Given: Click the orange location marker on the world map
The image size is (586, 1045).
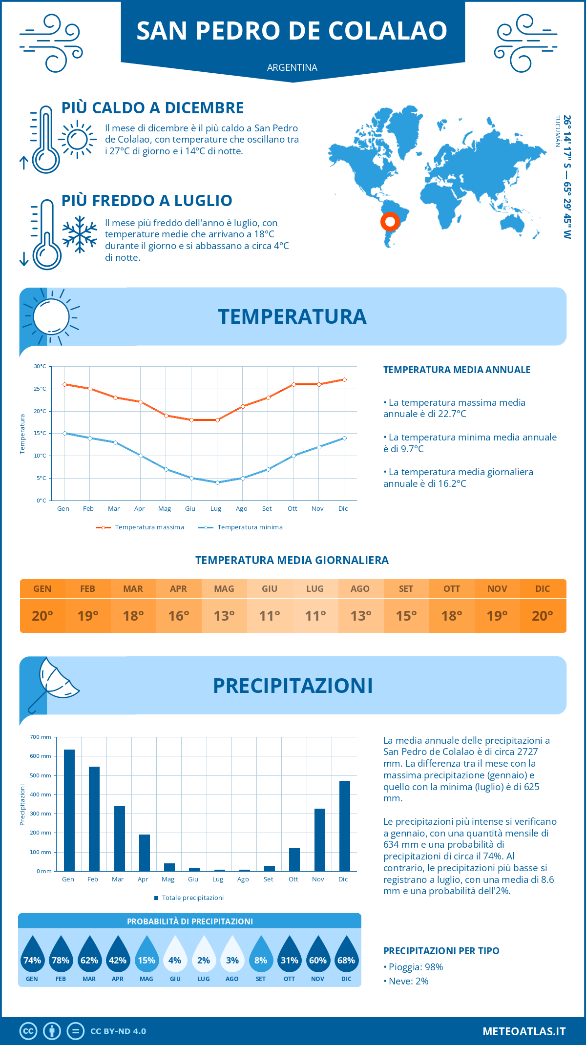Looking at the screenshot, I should [390, 222].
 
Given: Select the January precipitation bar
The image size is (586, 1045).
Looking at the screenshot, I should [69, 811].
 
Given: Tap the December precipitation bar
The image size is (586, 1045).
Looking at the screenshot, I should [345, 826].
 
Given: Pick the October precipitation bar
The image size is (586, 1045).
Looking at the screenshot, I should [294, 860].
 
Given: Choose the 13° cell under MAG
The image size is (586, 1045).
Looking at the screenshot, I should [224, 616].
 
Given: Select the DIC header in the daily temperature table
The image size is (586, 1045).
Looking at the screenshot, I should [543, 589].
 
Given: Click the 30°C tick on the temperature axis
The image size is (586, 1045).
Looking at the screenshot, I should [40, 366].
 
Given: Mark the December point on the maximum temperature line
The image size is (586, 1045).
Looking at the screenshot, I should [344, 379].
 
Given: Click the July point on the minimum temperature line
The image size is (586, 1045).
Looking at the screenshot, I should [217, 482].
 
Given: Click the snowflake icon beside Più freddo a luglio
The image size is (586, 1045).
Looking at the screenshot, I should [80, 234].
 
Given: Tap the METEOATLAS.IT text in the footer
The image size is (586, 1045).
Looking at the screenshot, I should [524, 1031].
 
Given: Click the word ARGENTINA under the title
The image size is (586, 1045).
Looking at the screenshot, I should [292, 67].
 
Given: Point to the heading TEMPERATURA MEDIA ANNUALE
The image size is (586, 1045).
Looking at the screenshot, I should [457, 370].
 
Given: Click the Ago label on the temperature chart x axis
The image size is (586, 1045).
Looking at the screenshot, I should [241, 509].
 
